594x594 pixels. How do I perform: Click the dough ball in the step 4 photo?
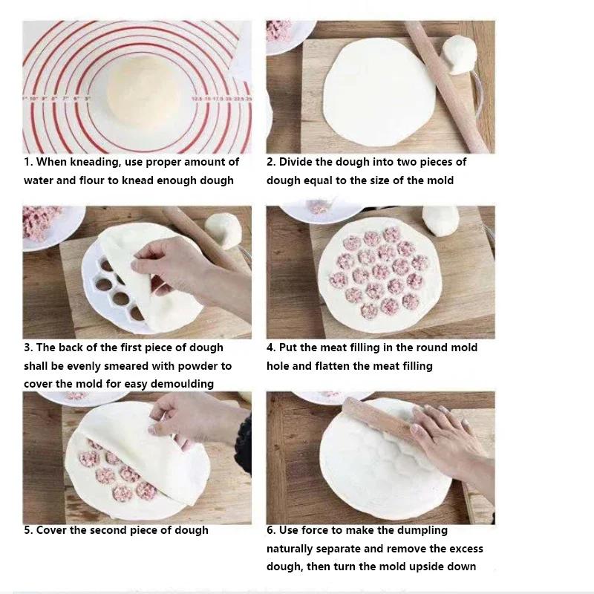tap(441, 219)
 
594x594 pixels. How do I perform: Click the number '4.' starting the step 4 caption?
tap(271, 347)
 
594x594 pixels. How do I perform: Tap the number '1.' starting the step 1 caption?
tap(28, 162)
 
